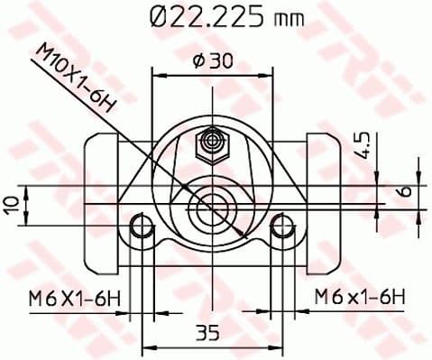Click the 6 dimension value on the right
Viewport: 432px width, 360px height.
click(405, 190)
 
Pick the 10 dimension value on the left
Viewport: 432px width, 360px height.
click(12, 205)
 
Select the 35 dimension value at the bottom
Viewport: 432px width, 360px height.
click(207, 333)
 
